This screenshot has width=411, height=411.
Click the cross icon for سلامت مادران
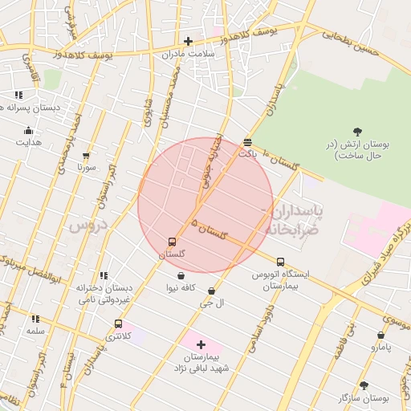(x=188, y=41)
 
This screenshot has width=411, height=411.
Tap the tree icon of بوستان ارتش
(x=357, y=132)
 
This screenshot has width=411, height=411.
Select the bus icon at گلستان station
(x=172, y=242)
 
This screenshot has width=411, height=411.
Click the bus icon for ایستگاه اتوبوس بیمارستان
(x=280, y=262)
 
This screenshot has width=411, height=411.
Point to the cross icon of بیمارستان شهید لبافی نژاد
(x=201, y=344)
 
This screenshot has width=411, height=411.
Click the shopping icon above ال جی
(x=211, y=291)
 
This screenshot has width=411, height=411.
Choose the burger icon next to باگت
(x=246, y=143)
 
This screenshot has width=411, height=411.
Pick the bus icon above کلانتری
(x=119, y=324)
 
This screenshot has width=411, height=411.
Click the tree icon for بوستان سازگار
(x=363, y=386)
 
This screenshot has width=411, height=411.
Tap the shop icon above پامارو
(x=380, y=336)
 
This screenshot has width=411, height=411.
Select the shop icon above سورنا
(x=86, y=157)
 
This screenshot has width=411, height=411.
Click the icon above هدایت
(x=29, y=131)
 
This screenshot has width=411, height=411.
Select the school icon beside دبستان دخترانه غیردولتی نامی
(x=104, y=276)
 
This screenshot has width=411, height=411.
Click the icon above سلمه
(x=35, y=319)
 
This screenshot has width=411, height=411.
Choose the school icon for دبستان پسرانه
(x=18, y=95)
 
